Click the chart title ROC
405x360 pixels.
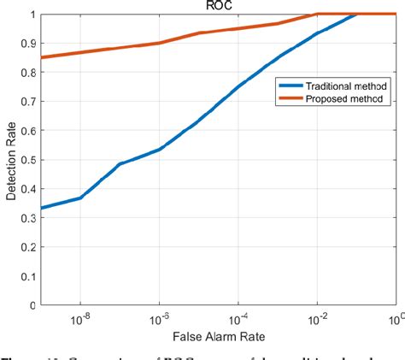click(219, 5)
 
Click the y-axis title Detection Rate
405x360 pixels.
click(11, 159)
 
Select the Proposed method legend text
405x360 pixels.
click(333, 99)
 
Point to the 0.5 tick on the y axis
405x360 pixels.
click(30, 160)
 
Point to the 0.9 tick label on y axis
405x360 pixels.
click(30, 44)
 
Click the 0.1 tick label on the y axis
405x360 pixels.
click(30, 276)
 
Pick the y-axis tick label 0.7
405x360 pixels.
click(30, 102)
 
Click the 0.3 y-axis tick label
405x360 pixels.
click(30, 218)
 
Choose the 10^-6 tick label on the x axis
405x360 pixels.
click(158, 320)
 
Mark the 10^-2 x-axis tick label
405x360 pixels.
click(317, 320)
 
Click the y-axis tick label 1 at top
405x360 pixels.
click(33, 15)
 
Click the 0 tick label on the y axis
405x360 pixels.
click(33, 305)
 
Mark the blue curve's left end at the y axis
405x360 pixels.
click(42, 208)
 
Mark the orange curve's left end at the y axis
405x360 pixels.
click(42, 57)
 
